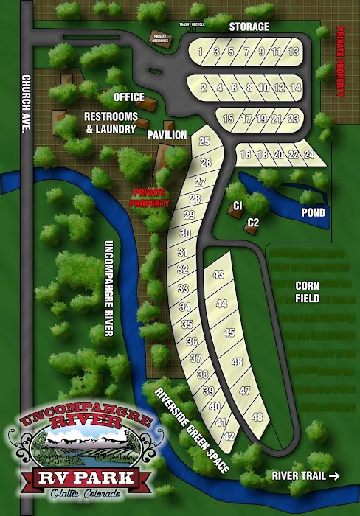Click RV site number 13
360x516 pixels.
(x=294, y=52)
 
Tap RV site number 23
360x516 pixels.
(x=294, y=119)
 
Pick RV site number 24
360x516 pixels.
(x=308, y=155)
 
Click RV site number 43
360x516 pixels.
(x=218, y=274)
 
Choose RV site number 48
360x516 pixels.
(x=257, y=417)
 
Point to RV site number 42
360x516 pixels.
(x=229, y=436)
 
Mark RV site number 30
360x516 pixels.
(x=186, y=234)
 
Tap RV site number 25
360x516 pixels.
(x=204, y=142)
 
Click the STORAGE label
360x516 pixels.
(x=249, y=27)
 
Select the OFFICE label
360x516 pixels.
(x=128, y=97)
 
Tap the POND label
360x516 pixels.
(x=314, y=212)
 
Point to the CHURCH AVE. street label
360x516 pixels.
(x=25, y=104)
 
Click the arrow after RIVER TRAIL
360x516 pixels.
(x=334, y=475)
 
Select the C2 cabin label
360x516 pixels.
(x=252, y=222)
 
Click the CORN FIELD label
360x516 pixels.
(x=307, y=292)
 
